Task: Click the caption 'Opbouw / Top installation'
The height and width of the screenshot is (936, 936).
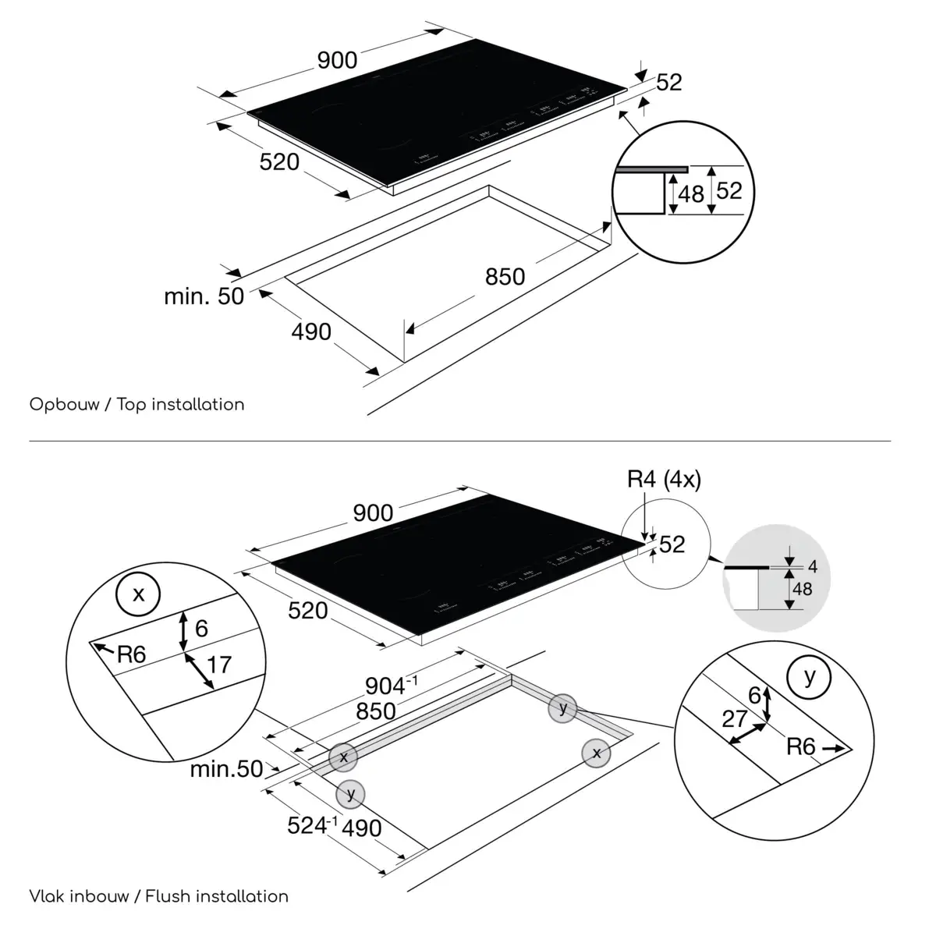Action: pyautogui.click(x=136, y=405)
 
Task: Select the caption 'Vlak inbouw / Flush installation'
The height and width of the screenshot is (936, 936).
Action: pyautogui.click(x=158, y=896)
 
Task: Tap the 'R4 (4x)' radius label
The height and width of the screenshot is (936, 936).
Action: pyautogui.click(x=664, y=480)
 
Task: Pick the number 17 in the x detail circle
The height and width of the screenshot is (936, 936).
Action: pyautogui.click(x=219, y=665)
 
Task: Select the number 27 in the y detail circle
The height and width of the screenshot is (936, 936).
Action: pyautogui.click(x=735, y=718)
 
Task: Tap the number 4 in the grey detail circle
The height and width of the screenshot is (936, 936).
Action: pyautogui.click(x=813, y=565)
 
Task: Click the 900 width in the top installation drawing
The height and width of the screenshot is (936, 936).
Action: pyautogui.click(x=337, y=60)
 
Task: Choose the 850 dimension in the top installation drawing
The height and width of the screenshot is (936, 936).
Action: pyautogui.click(x=505, y=276)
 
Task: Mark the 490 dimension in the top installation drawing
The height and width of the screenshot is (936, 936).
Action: pyautogui.click(x=311, y=331)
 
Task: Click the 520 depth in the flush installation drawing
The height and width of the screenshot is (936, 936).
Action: pyautogui.click(x=307, y=610)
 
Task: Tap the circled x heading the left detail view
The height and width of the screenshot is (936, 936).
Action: pyautogui.click(x=139, y=595)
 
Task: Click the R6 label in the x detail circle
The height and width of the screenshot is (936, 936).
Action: pyautogui.click(x=131, y=654)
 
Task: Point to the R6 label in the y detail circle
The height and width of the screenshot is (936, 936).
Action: pyautogui.click(x=800, y=747)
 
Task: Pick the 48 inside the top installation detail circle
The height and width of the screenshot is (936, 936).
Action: pyautogui.click(x=691, y=193)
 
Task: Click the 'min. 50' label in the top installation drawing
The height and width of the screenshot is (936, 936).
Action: pyautogui.click(x=204, y=296)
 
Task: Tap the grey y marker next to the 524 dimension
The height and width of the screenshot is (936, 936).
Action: pyautogui.click(x=351, y=794)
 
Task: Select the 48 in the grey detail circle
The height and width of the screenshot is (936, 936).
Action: pyautogui.click(x=802, y=589)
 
